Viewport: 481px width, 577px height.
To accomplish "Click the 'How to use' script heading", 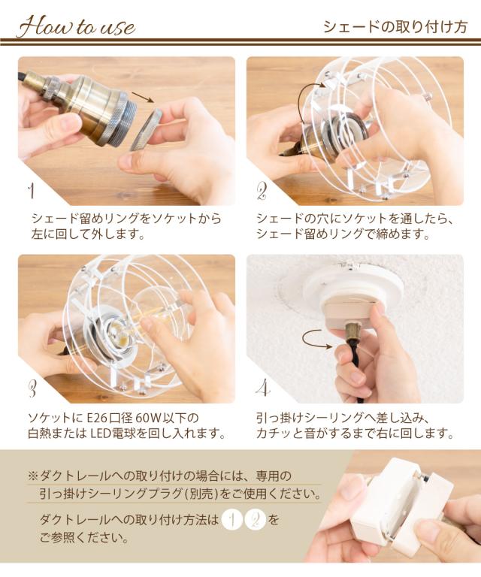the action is (77, 27).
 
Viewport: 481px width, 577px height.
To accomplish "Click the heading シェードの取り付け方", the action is (395, 27).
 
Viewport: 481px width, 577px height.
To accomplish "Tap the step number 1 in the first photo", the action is (32, 191).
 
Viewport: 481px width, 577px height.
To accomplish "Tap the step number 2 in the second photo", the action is (262, 192).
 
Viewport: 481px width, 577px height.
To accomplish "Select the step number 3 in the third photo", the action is (32, 388).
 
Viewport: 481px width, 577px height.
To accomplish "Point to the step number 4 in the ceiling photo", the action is (263, 388).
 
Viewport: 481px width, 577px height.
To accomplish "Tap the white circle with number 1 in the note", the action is (232, 521).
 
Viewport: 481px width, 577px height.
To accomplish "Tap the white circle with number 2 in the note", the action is (255, 521).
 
